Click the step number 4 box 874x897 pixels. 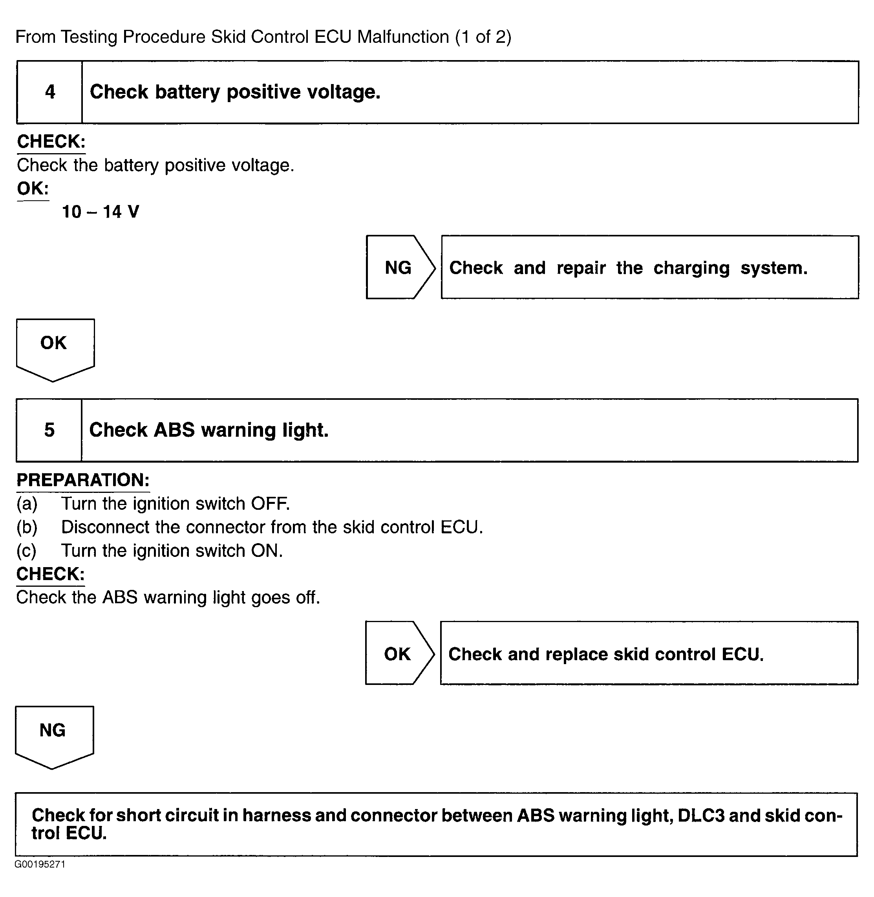[x=49, y=92]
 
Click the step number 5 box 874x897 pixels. [x=49, y=430]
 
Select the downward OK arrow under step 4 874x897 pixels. [x=54, y=347]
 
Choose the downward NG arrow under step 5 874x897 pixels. [x=53, y=734]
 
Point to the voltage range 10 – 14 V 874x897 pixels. [x=101, y=212]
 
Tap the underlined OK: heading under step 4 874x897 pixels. [x=33, y=189]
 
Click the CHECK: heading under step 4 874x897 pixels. [x=51, y=141]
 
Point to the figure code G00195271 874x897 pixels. [x=40, y=864]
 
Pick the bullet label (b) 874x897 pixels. [x=27, y=527]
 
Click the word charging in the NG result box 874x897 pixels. [x=691, y=268]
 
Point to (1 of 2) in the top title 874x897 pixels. [x=483, y=37]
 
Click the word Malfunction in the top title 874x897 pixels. [x=403, y=37]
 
